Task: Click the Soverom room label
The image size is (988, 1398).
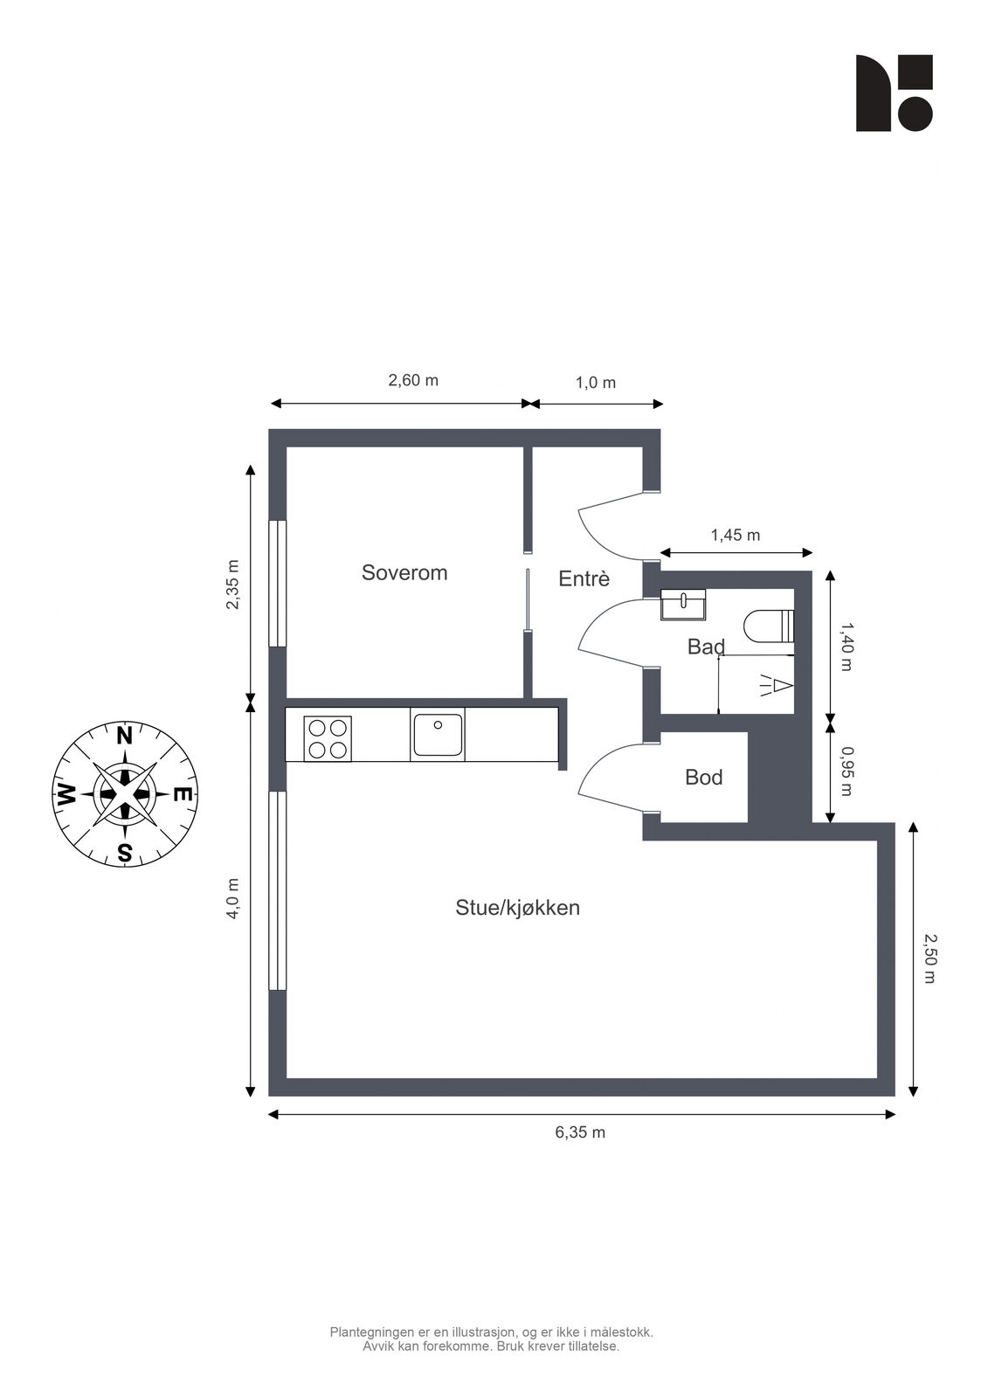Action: click(404, 572)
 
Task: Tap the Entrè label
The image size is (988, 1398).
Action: click(584, 578)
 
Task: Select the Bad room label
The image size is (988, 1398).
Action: click(706, 647)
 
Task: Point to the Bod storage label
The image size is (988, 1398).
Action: click(703, 777)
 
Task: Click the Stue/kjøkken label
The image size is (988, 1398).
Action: click(517, 908)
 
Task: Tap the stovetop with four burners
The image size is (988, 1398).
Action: click(328, 739)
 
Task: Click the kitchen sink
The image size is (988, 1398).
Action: click(438, 735)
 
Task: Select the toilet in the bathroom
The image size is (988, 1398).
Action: click(769, 626)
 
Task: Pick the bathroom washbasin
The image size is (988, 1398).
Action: click(683, 604)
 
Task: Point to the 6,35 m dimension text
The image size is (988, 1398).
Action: click(580, 1132)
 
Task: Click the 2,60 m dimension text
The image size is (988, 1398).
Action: click(413, 380)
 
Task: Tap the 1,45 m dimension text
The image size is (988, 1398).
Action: click(736, 535)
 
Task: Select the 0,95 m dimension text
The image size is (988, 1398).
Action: click(846, 772)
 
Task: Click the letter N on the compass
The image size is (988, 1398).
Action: click(125, 737)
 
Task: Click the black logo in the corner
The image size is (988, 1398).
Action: click(894, 93)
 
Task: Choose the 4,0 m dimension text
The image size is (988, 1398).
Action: click(232, 898)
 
